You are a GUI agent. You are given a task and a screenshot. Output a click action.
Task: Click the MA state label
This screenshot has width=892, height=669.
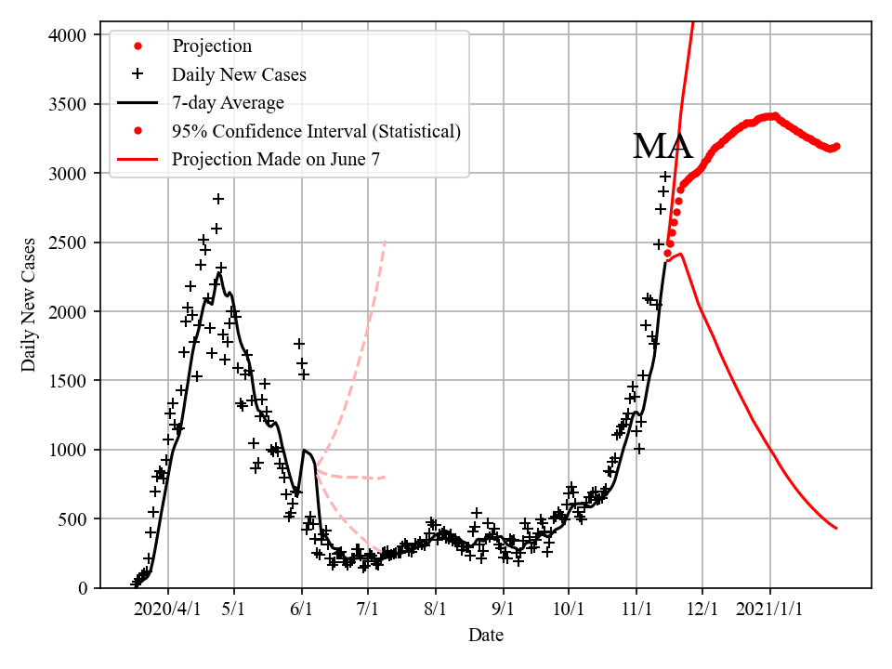click(x=662, y=147)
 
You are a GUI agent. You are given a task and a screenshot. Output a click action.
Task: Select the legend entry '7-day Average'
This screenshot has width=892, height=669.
click(x=228, y=102)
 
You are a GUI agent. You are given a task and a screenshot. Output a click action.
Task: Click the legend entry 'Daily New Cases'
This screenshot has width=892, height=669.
click(x=239, y=74)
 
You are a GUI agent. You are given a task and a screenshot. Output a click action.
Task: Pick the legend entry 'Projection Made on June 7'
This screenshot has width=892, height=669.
click(x=276, y=160)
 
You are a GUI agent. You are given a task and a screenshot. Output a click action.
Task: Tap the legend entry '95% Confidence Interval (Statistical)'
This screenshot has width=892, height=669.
click(x=316, y=131)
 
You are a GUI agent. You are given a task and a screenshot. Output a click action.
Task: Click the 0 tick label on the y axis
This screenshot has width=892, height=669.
click(x=83, y=587)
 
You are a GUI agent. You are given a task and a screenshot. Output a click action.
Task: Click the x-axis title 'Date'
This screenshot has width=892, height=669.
click(x=486, y=636)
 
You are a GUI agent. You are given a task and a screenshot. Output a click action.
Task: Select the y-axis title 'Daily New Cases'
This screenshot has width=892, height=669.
click(x=30, y=304)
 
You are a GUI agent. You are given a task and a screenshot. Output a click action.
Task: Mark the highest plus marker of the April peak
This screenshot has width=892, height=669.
click(x=218, y=199)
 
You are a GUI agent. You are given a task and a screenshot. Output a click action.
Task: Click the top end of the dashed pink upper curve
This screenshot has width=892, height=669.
click(x=385, y=243)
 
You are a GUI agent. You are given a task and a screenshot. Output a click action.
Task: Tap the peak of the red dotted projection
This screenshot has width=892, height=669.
click(x=773, y=116)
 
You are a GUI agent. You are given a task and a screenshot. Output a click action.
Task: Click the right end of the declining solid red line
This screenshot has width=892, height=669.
click(x=836, y=528)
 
